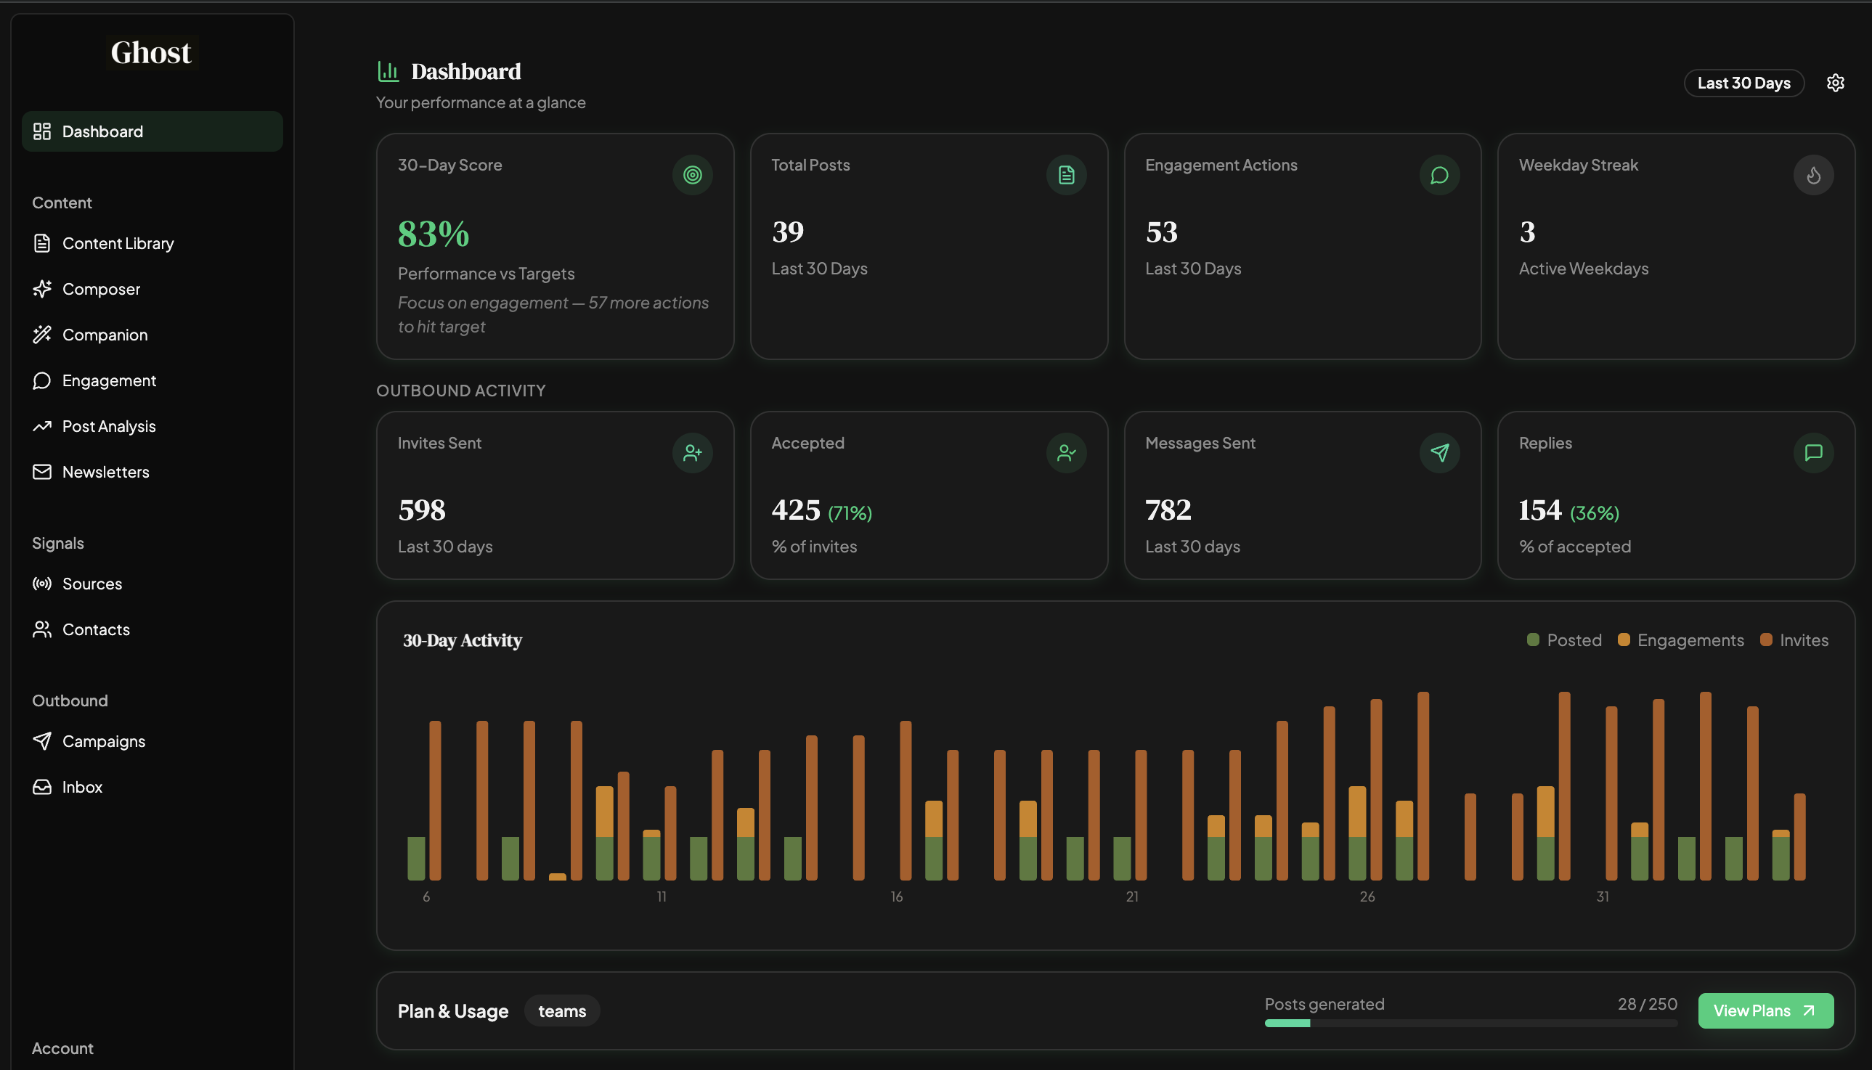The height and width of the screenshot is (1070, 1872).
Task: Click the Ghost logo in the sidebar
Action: pyautogui.click(x=152, y=53)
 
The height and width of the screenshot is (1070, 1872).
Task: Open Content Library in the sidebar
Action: pyautogui.click(x=118, y=243)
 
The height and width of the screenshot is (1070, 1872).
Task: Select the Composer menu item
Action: pyautogui.click(x=101, y=289)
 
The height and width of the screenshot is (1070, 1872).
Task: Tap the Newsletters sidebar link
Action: pyautogui.click(x=105, y=472)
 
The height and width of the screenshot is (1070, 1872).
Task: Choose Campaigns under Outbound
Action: pyautogui.click(x=103, y=740)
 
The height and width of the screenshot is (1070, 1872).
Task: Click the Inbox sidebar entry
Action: pyautogui.click(x=81, y=787)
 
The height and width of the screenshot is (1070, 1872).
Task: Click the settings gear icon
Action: pyautogui.click(x=1834, y=83)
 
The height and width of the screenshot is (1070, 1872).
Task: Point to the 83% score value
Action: pyautogui.click(x=434, y=234)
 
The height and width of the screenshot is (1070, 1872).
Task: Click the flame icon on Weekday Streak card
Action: pyautogui.click(x=1812, y=175)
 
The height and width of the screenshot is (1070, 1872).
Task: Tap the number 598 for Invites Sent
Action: pyautogui.click(x=422, y=510)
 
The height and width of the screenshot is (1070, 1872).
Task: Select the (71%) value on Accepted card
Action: pyautogui.click(x=850, y=513)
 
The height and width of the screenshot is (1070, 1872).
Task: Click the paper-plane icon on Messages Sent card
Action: pyautogui.click(x=1439, y=453)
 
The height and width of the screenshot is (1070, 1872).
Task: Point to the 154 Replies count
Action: pyautogui.click(x=1539, y=510)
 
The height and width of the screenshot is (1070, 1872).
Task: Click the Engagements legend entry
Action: pyautogui.click(x=1689, y=640)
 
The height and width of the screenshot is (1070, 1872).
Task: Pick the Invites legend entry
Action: pyautogui.click(x=1803, y=640)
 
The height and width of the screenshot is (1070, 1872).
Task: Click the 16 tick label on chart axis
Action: pyautogui.click(x=897, y=897)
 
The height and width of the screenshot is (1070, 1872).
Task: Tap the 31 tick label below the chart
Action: pyautogui.click(x=1603, y=897)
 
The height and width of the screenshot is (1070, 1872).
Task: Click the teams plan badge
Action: pyautogui.click(x=561, y=1011)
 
